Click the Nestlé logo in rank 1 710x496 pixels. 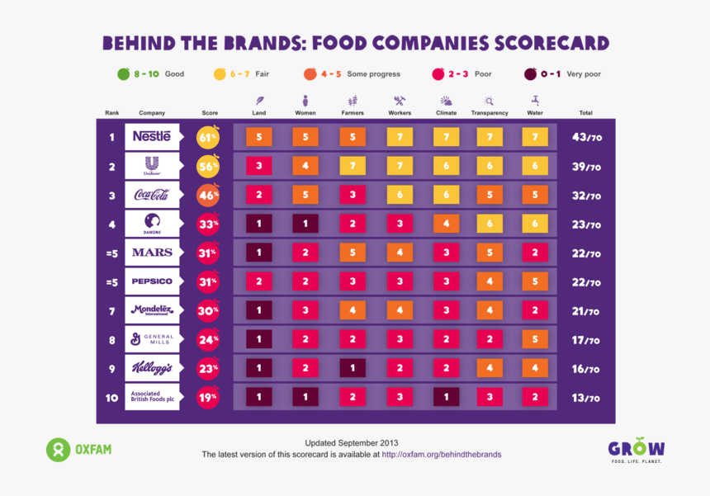[152, 136]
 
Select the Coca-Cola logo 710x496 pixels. [152, 195]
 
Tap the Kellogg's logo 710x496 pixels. [152, 368]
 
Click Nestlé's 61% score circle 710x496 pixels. [208, 137]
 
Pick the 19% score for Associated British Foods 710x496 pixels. [208, 397]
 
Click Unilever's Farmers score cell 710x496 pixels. [353, 166]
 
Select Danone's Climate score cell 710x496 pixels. [446, 224]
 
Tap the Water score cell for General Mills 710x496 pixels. [535, 339]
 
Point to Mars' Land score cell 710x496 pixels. [258, 253]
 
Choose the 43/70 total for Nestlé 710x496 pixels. [586, 137]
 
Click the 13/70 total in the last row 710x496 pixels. [586, 398]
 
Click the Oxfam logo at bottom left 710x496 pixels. [78, 450]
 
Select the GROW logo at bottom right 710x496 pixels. [636, 450]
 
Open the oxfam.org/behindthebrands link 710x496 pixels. [441, 454]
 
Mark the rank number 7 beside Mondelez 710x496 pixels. [111, 310]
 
